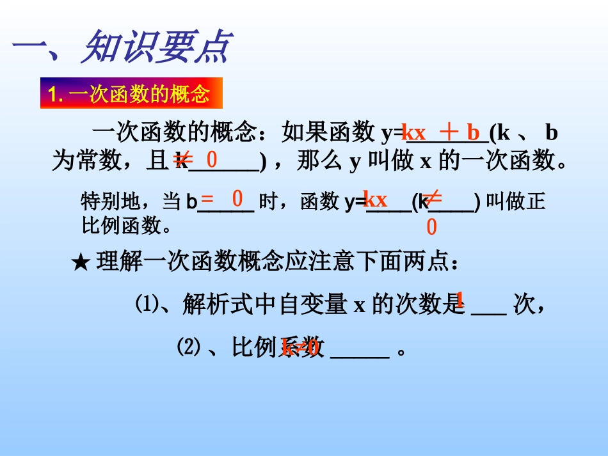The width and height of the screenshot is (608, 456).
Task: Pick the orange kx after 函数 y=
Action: point(375,199)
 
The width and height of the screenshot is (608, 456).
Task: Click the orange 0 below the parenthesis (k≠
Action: point(431,227)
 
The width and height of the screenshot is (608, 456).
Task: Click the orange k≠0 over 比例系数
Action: point(300,347)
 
